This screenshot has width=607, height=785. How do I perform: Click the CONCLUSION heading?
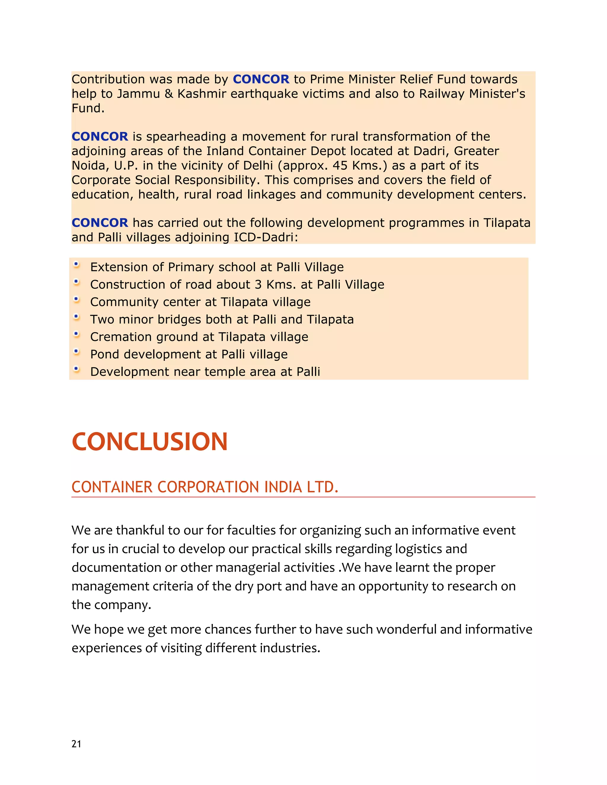click(x=150, y=441)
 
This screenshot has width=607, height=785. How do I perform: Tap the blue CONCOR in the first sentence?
click(x=261, y=79)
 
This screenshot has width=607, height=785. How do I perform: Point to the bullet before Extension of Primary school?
click(x=76, y=265)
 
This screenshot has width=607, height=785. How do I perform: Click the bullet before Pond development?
click(x=76, y=352)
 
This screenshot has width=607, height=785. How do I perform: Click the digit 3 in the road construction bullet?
click(x=258, y=285)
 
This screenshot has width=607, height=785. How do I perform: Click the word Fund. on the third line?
click(x=88, y=108)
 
